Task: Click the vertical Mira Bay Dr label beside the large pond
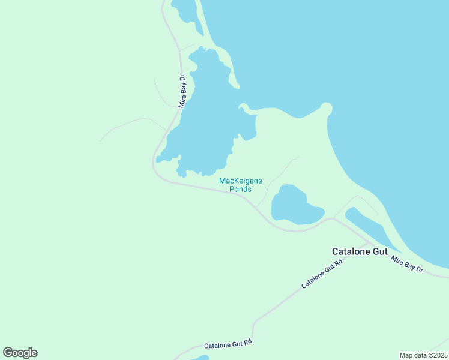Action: tap(183, 90)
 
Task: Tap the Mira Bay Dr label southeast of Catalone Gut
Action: tap(408, 265)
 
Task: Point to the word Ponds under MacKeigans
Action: tap(240, 189)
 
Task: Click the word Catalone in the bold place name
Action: tap(351, 252)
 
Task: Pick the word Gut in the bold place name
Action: tap(380, 252)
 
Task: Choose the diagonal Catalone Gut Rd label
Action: tap(322, 274)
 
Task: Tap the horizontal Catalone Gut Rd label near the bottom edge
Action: tap(228, 344)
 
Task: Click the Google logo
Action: tap(20, 353)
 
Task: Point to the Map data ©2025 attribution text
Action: tap(423, 355)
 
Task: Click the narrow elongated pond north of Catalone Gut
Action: tap(367, 225)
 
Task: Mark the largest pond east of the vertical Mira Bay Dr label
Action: tap(204, 120)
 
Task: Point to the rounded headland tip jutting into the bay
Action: tap(327, 107)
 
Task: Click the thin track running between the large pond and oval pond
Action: tap(273, 177)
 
